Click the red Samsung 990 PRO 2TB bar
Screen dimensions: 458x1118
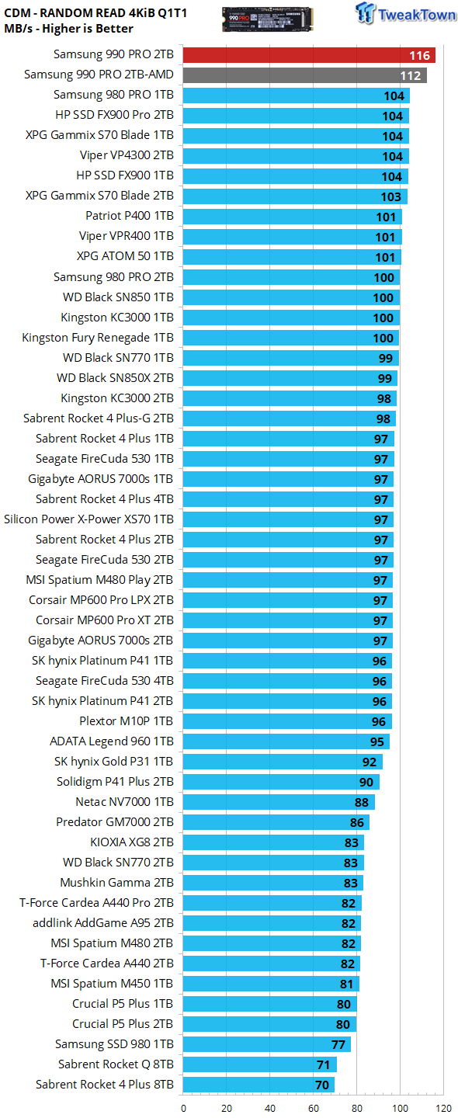pyautogui.click(x=309, y=55)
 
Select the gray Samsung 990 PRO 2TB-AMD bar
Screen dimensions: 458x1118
pyautogui.click(x=305, y=75)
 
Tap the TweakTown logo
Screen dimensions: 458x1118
pyautogui.click(x=406, y=13)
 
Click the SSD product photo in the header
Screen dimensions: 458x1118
pyautogui.click(x=267, y=19)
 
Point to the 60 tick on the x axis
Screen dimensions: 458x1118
pyautogui.click(x=314, y=1109)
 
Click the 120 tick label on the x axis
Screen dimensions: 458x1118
pyautogui.click(x=443, y=1109)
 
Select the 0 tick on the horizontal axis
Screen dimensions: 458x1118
pyautogui.click(x=183, y=1109)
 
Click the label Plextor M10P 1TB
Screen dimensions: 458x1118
pyautogui.click(x=127, y=721)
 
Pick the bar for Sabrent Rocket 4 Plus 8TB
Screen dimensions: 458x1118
pyautogui.click(x=258, y=1085)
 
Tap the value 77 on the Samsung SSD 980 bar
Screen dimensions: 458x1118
pyautogui.click(x=338, y=1045)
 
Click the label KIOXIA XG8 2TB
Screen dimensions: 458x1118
pyautogui.click(x=132, y=842)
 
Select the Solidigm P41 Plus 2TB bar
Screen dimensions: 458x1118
pyautogui.click(x=281, y=782)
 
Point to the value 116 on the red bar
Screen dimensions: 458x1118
pyautogui.click(x=420, y=55)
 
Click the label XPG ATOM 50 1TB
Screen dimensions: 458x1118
pyautogui.click(x=125, y=256)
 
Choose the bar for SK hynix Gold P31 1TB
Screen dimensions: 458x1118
pyautogui.click(x=283, y=762)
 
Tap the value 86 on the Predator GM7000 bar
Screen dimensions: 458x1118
pyautogui.click(x=357, y=822)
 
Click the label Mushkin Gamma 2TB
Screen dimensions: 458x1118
pyautogui.click(x=116, y=883)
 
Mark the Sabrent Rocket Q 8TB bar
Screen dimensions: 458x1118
pyautogui.click(x=260, y=1064)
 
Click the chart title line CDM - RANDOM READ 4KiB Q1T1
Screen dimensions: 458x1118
pyautogui.click(x=95, y=13)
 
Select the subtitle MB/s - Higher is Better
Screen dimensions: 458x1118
pyautogui.click(x=68, y=29)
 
